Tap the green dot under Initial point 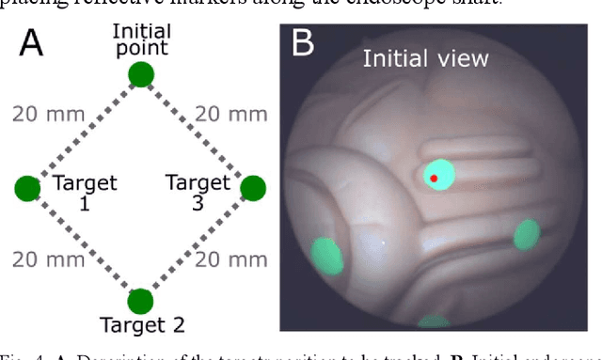[x=140, y=73]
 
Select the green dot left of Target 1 [x=28, y=188]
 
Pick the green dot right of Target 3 [x=253, y=188]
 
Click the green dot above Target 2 [x=140, y=301]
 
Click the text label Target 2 [x=140, y=327]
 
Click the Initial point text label [x=140, y=39]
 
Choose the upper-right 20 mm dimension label [x=230, y=115]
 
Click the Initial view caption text [x=427, y=58]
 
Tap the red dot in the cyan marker [x=434, y=177]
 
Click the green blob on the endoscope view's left [x=325, y=255]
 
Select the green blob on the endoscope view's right [x=528, y=235]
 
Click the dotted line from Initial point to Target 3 [x=197, y=131]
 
